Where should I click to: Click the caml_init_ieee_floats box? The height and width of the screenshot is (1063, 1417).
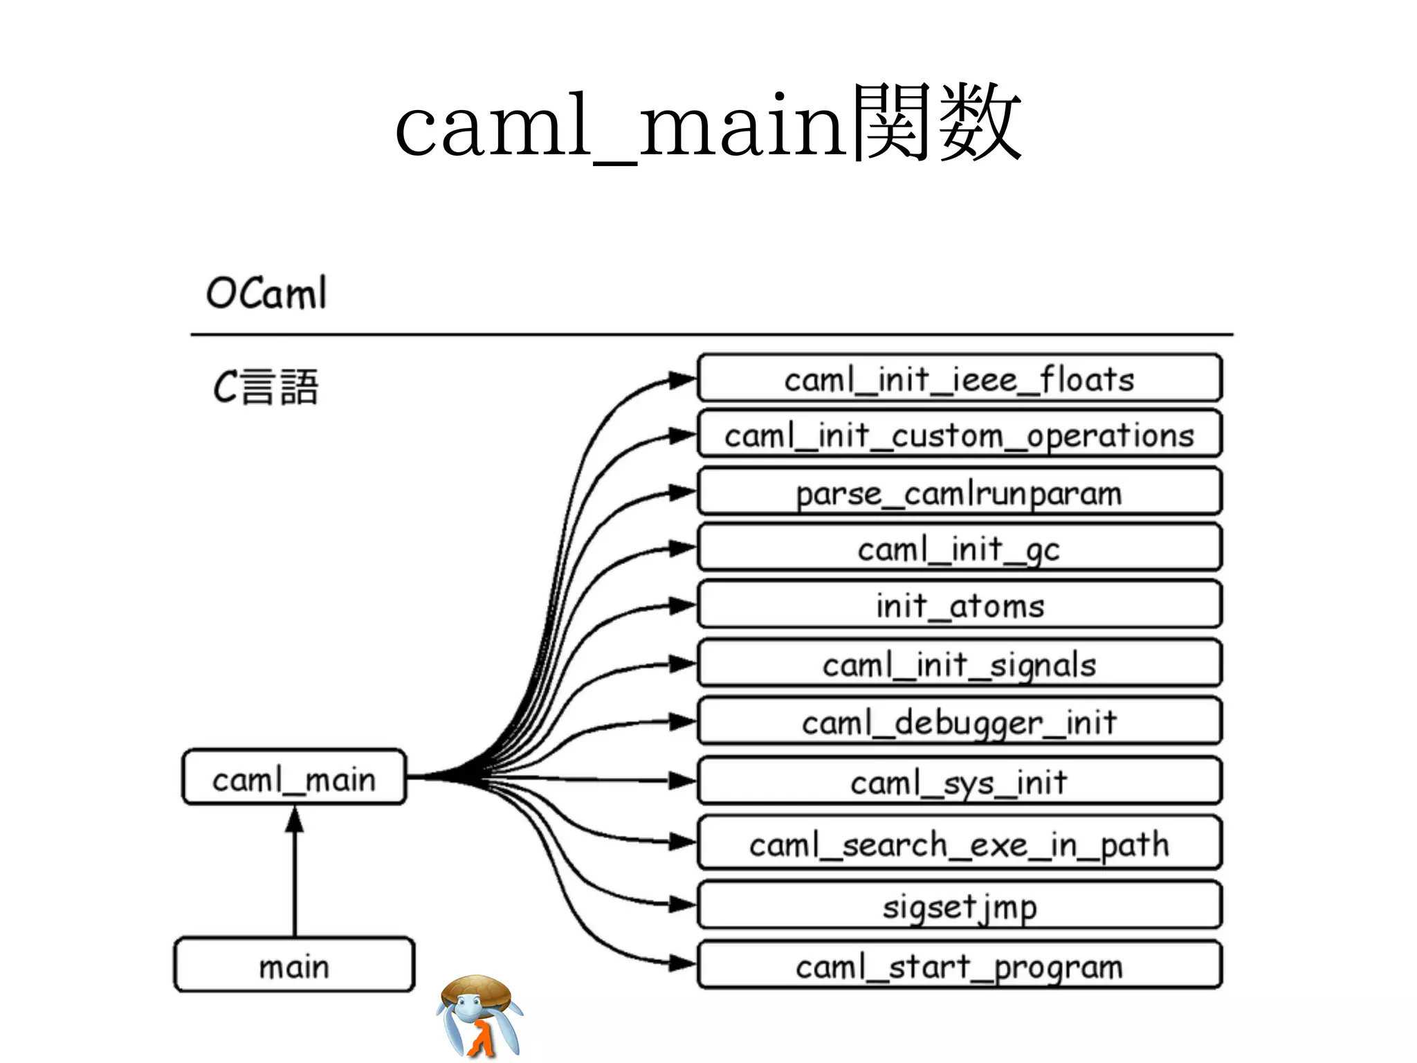(959, 379)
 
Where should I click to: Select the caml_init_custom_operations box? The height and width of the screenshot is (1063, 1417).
(959, 435)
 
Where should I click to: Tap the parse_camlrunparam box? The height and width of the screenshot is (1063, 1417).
(959, 493)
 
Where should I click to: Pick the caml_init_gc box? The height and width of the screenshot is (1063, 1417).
(959, 549)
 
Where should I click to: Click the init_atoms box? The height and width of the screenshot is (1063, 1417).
(959, 606)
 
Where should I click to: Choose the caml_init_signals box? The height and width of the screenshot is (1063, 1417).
(959, 664)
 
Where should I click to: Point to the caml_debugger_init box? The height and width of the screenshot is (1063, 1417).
(959, 722)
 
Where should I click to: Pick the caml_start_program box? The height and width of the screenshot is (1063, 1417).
(959, 965)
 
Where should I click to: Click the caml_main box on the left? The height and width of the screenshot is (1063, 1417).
(294, 779)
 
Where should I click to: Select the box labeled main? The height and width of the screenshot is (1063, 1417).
(294, 965)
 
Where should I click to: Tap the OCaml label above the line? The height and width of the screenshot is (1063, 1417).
(266, 293)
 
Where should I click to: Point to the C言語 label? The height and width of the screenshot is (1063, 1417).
(266, 387)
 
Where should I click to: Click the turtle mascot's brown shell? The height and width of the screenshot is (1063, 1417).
(477, 990)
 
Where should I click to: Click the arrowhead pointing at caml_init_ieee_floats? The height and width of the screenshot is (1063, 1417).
(682, 379)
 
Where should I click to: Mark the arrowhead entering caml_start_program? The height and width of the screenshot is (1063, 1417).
(682, 963)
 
